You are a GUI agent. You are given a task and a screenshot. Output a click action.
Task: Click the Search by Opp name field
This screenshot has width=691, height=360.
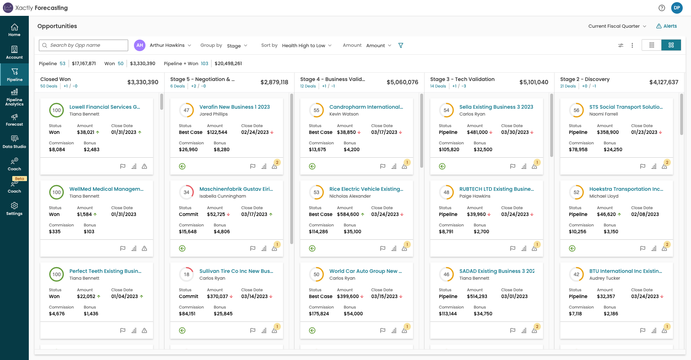click(86, 45)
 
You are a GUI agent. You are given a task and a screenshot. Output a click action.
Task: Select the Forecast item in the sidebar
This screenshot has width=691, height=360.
click(14, 120)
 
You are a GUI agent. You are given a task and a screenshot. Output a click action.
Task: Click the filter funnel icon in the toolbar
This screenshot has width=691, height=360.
click(401, 45)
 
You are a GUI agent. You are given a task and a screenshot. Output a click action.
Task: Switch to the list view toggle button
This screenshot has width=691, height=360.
click(651, 45)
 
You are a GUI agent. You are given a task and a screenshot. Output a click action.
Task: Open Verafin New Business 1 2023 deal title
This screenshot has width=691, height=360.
click(234, 107)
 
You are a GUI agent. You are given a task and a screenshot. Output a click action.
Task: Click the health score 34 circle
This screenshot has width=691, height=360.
click(187, 192)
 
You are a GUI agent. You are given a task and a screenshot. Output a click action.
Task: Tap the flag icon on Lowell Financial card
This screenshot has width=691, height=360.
click(123, 166)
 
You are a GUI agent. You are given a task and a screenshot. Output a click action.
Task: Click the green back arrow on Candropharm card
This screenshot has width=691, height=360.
click(312, 166)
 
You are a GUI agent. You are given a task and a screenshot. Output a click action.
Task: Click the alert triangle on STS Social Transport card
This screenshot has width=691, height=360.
click(664, 166)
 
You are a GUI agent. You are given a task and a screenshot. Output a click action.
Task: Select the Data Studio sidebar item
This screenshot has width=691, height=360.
click(14, 142)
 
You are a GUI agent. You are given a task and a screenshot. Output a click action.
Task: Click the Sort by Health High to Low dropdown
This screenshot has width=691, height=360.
click(306, 45)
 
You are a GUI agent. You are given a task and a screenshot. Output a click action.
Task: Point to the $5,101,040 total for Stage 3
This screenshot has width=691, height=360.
click(534, 82)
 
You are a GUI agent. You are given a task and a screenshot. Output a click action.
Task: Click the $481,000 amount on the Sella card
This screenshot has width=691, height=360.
click(477, 132)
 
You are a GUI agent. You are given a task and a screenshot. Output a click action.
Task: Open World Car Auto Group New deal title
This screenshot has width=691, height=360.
click(365, 271)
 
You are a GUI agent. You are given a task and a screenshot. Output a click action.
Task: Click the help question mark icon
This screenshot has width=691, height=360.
click(662, 8)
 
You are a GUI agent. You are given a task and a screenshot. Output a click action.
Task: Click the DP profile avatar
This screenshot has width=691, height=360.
click(677, 8)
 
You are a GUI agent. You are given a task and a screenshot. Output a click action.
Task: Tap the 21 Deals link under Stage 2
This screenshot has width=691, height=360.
click(568, 86)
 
